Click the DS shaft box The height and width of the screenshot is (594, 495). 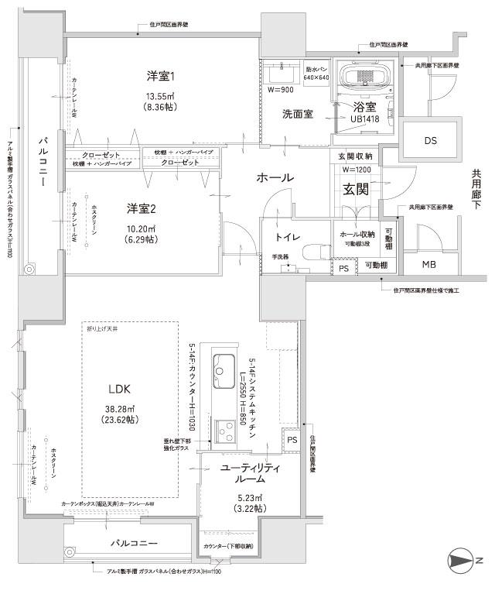(429, 140)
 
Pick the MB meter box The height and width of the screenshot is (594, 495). (428, 266)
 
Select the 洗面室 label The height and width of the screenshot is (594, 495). (297, 114)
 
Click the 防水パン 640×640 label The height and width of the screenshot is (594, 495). (317, 73)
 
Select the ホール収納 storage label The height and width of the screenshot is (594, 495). (356, 233)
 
